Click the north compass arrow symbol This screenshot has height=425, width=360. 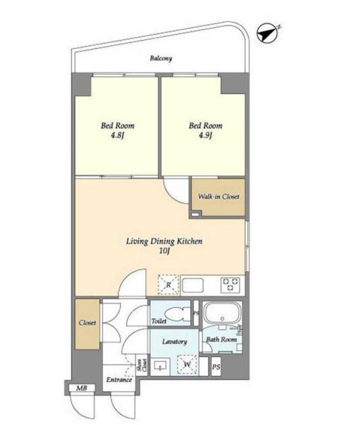(267, 33)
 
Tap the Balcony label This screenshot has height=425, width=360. (161, 58)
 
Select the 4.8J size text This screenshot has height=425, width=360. (118, 136)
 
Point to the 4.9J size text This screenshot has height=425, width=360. (205, 136)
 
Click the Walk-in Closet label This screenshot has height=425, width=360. (219, 197)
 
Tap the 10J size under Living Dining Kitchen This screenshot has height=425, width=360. (164, 251)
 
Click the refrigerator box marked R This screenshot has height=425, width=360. (169, 285)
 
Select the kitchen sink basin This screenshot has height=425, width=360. (193, 285)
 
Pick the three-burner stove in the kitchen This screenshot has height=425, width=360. (231, 285)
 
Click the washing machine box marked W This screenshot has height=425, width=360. (188, 364)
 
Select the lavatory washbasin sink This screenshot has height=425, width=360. (160, 366)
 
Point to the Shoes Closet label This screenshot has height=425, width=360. (142, 365)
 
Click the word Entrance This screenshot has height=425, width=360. (119, 380)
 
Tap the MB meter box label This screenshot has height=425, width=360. (82, 388)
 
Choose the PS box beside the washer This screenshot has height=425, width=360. (216, 367)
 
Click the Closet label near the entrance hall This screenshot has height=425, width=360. (88, 323)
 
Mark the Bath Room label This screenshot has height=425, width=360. (221, 339)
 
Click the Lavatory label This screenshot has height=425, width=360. (174, 341)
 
